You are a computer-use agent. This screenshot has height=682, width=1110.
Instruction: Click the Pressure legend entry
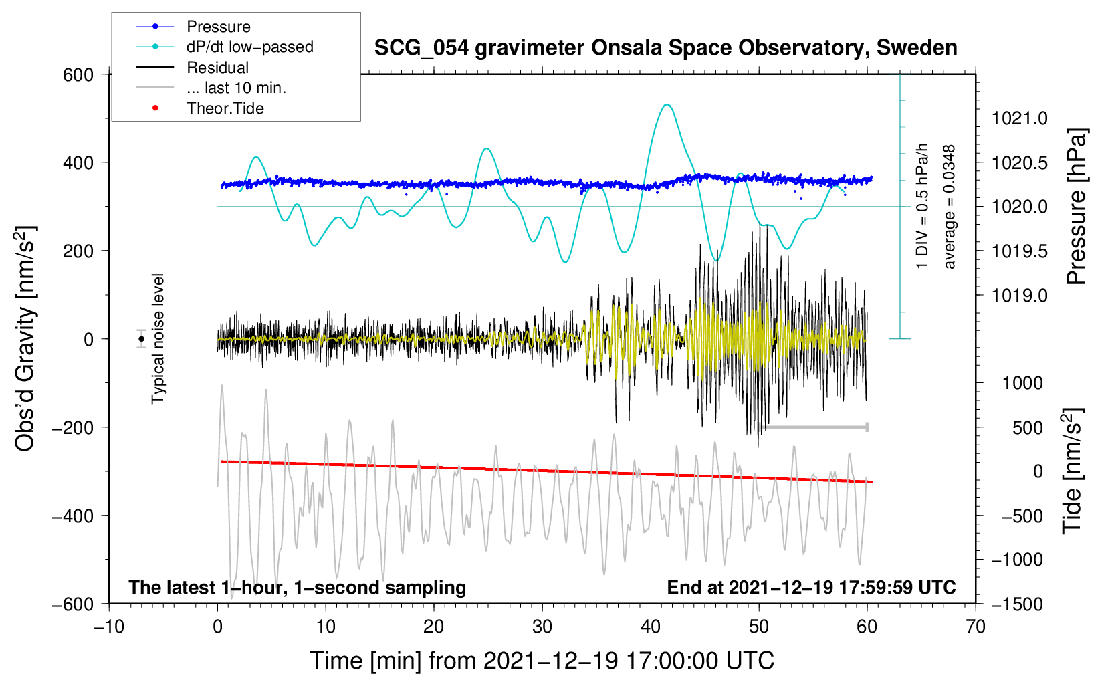click(218, 27)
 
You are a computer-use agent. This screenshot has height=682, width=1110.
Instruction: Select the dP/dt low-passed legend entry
click(249, 47)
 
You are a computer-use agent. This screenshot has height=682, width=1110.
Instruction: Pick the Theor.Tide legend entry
click(225, 108)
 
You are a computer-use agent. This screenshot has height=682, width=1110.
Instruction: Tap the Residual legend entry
click(217, 68)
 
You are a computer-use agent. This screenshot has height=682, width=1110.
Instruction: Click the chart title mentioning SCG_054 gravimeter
click(665, 48)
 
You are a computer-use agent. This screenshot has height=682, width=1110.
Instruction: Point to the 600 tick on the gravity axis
click(78, 74)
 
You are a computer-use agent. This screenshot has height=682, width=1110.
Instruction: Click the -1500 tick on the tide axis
click(1016, 604)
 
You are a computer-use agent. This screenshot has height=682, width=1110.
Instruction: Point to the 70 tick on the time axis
click(976, 627)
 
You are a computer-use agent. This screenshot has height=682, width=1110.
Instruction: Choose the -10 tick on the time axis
click(109, 627)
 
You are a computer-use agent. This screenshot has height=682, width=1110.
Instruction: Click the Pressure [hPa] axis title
click(1077, 207)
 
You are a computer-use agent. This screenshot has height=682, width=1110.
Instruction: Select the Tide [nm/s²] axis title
click(1072, 471)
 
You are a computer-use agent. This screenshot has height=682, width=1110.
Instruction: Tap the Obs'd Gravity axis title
click(25, 339)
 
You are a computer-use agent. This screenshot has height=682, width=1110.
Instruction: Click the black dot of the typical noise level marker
click(142, 339)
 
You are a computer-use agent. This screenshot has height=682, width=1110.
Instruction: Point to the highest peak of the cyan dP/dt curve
click(666, 104)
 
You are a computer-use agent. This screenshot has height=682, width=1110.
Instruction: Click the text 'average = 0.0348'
click(950, 207)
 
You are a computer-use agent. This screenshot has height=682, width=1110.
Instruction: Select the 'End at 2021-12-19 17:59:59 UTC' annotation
click(811, 587)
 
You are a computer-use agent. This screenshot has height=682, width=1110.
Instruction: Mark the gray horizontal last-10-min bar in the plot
click(813, 427)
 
